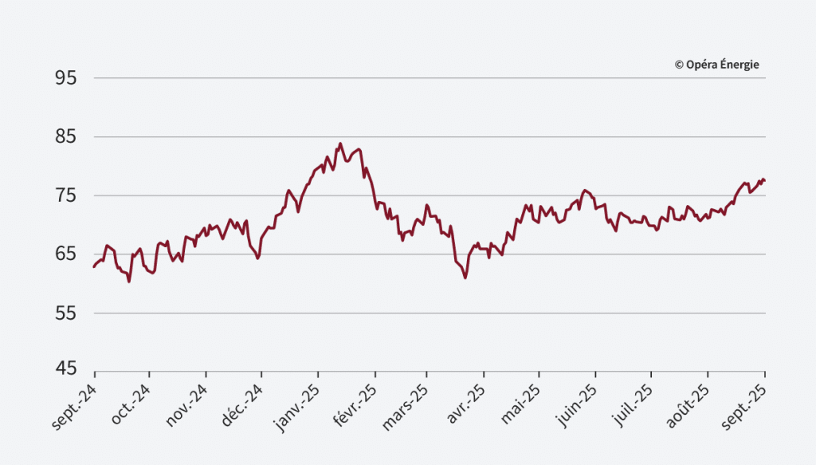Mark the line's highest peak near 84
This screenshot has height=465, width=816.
(340, 144)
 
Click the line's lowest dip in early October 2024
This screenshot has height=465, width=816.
(129, 282)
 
